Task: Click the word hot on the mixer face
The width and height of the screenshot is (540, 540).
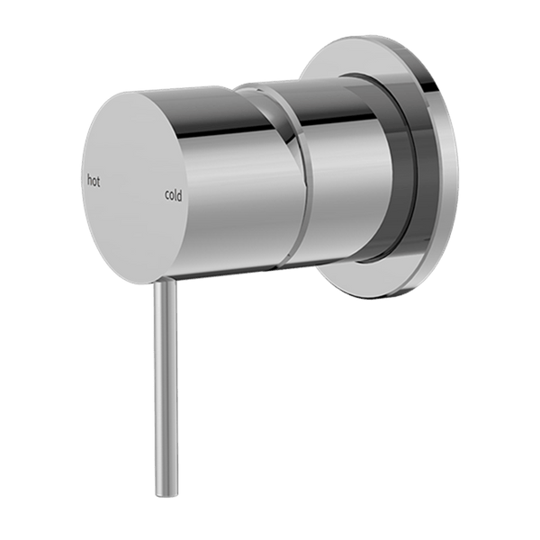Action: coord(94,181)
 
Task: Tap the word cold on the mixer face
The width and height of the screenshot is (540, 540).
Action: coord(173,195)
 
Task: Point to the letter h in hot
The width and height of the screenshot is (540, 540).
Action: coord(89,179)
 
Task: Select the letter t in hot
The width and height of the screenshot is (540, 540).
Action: coord(99,182)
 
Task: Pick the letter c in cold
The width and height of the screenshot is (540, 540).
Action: coord(167,195)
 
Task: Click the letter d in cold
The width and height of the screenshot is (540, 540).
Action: coord(179,196)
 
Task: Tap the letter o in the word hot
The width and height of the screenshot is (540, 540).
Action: coord(94,182)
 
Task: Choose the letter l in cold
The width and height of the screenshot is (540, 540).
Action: coord(175,194)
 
